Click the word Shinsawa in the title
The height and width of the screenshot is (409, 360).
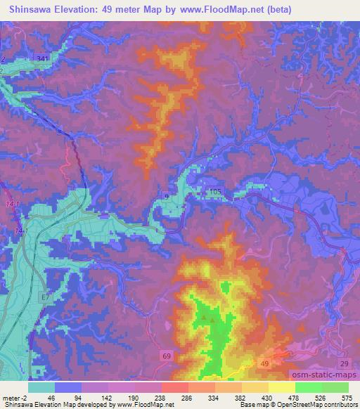click(x=34, y=10)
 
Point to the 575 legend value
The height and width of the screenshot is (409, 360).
click(x=347, y=397)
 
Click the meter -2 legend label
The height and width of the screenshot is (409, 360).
click(x=13, y=397)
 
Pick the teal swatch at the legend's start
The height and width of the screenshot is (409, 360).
click(x=41, y=387)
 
